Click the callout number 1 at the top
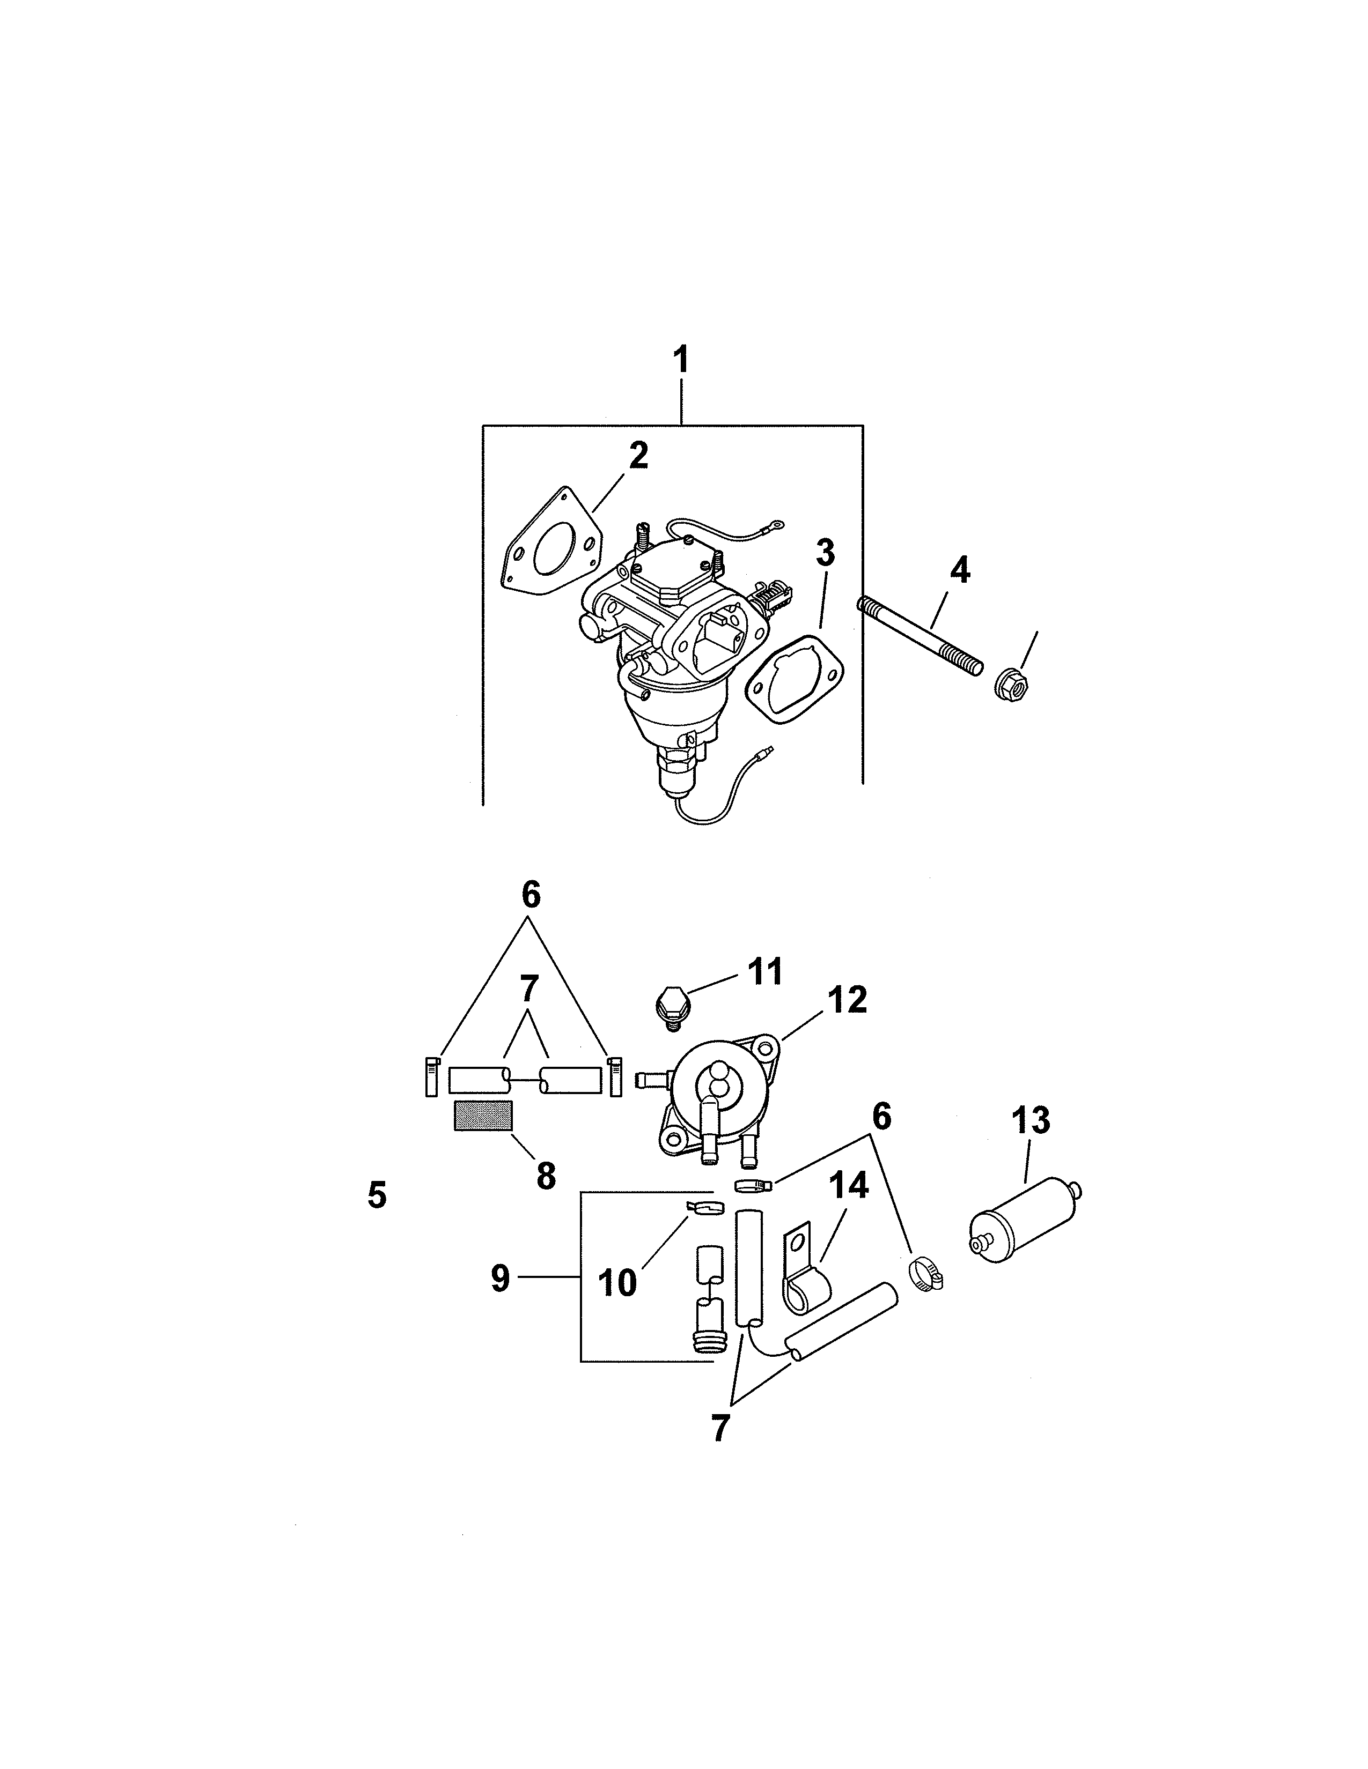point(681,360)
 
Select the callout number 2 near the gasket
point(638,456)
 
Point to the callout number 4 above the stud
point(959,570)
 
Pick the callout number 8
point(546,1175)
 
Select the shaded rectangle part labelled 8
point(483,1116)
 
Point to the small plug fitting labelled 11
point(670,1006)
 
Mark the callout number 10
point(617,1283)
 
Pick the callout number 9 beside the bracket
point(501,1278)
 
